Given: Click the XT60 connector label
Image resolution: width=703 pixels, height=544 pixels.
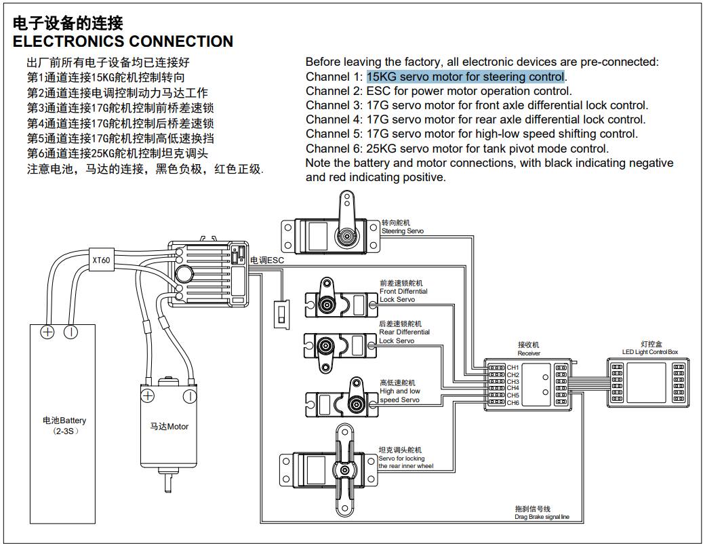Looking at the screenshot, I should pos(101,259).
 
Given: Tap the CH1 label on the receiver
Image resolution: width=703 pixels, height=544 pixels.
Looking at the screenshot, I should pos(513,368).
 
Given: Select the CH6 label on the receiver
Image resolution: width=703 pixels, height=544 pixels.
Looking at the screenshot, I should pos(513,403).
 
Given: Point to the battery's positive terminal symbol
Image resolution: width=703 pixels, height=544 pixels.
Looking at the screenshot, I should pos(47,332).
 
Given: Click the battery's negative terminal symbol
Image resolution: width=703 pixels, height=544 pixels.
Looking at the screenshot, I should pos(71,332).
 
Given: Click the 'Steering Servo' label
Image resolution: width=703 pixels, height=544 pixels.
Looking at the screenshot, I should pos(403,231).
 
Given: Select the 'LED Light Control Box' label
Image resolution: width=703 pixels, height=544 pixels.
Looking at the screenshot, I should pos(649,352).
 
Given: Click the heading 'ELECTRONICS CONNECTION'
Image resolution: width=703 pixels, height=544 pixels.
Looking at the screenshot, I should pos(123,41).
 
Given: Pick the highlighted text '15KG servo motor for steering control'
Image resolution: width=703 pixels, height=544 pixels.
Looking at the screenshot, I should pos(466,77).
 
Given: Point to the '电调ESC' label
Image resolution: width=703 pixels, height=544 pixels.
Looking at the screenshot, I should pos(266,260).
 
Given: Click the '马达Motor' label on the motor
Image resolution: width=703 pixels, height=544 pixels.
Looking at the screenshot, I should pos(169,427).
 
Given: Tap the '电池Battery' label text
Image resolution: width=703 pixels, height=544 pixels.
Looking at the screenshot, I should pos(64,421).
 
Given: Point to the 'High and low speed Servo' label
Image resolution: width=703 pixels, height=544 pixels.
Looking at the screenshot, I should pos(399,391).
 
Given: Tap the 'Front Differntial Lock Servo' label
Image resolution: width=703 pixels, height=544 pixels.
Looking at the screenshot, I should pos(403,291).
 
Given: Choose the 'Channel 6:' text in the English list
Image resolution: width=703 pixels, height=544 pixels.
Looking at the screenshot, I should pos(334,149).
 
